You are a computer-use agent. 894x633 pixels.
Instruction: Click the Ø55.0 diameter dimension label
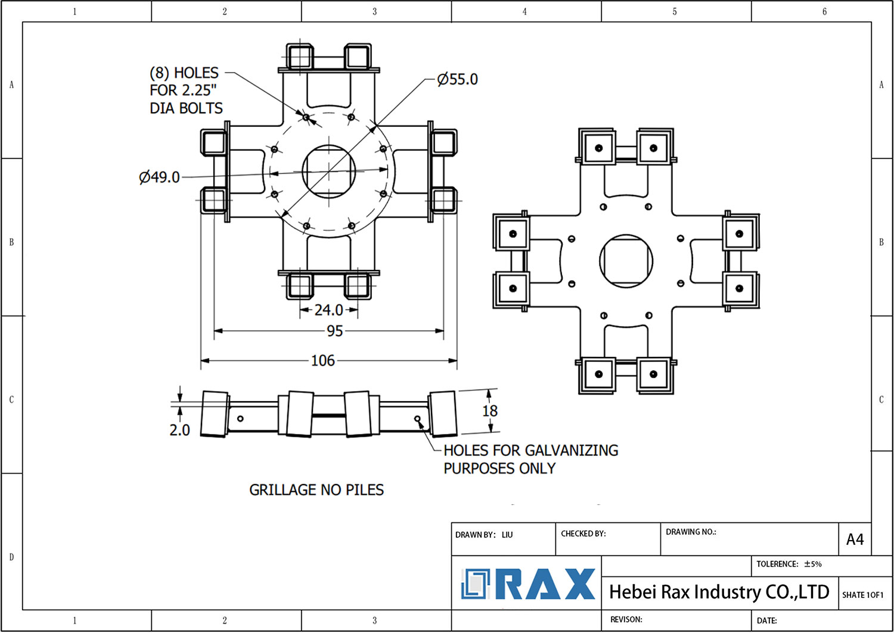457,79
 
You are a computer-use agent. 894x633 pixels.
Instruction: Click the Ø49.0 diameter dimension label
159,177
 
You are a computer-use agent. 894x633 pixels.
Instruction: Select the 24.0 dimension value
328,310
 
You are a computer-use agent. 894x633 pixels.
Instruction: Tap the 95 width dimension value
334,331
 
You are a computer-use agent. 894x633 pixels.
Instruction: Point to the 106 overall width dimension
322,361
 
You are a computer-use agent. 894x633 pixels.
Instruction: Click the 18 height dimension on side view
490,411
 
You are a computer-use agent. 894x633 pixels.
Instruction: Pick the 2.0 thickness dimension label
179,430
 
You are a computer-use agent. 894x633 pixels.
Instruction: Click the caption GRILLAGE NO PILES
316,490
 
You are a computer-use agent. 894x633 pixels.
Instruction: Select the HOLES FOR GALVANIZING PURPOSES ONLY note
530,460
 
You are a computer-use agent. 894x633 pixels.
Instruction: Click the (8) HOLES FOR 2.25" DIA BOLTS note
186,91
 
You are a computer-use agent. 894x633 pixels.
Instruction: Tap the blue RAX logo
528,584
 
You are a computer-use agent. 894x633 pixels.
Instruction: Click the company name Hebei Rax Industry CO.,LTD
719,592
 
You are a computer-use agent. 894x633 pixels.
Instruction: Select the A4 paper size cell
855,539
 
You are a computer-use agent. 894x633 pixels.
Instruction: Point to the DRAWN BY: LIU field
484,535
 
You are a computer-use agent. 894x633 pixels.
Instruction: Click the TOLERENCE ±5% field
789,564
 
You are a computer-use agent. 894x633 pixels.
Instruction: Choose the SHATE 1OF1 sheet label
862,595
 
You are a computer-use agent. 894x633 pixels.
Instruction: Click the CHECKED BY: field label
583,533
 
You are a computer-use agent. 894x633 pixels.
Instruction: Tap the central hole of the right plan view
626,260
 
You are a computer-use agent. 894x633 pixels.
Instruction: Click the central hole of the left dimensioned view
329,171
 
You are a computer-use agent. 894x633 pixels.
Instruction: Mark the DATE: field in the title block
766,620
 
